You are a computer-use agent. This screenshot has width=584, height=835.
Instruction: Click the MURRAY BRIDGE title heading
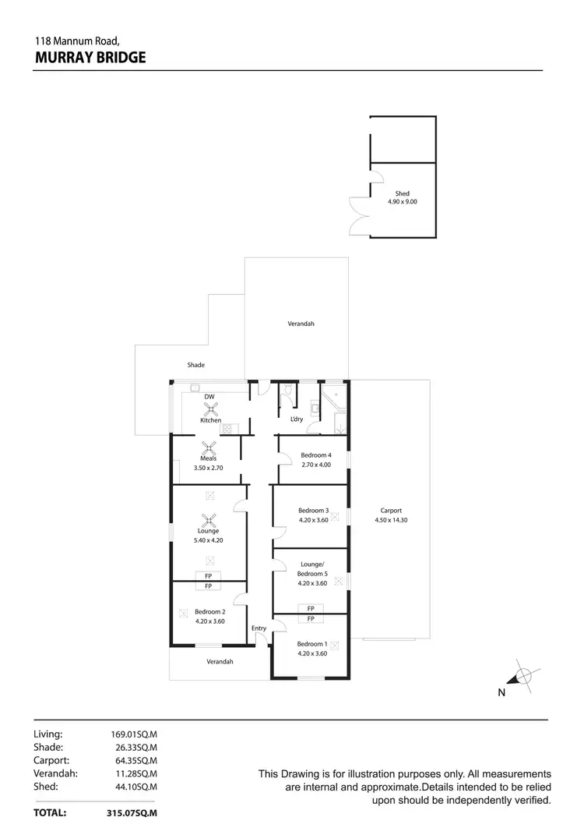[90, 57]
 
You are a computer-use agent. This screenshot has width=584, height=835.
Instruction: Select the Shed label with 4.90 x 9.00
[403, 197]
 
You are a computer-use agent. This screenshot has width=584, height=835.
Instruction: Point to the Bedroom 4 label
[316, 459]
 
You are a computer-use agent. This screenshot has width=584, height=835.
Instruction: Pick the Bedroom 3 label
[314, 515]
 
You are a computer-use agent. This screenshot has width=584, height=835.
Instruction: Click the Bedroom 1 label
[311, 648]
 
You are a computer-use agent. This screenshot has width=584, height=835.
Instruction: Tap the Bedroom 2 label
[209, 616]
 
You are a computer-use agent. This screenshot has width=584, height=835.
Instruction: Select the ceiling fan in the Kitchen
[209, 407]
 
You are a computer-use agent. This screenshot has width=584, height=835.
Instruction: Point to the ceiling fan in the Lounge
[208, 520]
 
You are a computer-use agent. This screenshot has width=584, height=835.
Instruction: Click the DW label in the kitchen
[209, 396]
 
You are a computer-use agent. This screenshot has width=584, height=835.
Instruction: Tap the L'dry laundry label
[297, 419]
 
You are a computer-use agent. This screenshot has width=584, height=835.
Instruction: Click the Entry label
[259, 628]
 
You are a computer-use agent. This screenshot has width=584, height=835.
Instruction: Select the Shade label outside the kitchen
[195, 364]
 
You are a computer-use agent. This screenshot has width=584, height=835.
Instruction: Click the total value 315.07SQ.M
[132, 812]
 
